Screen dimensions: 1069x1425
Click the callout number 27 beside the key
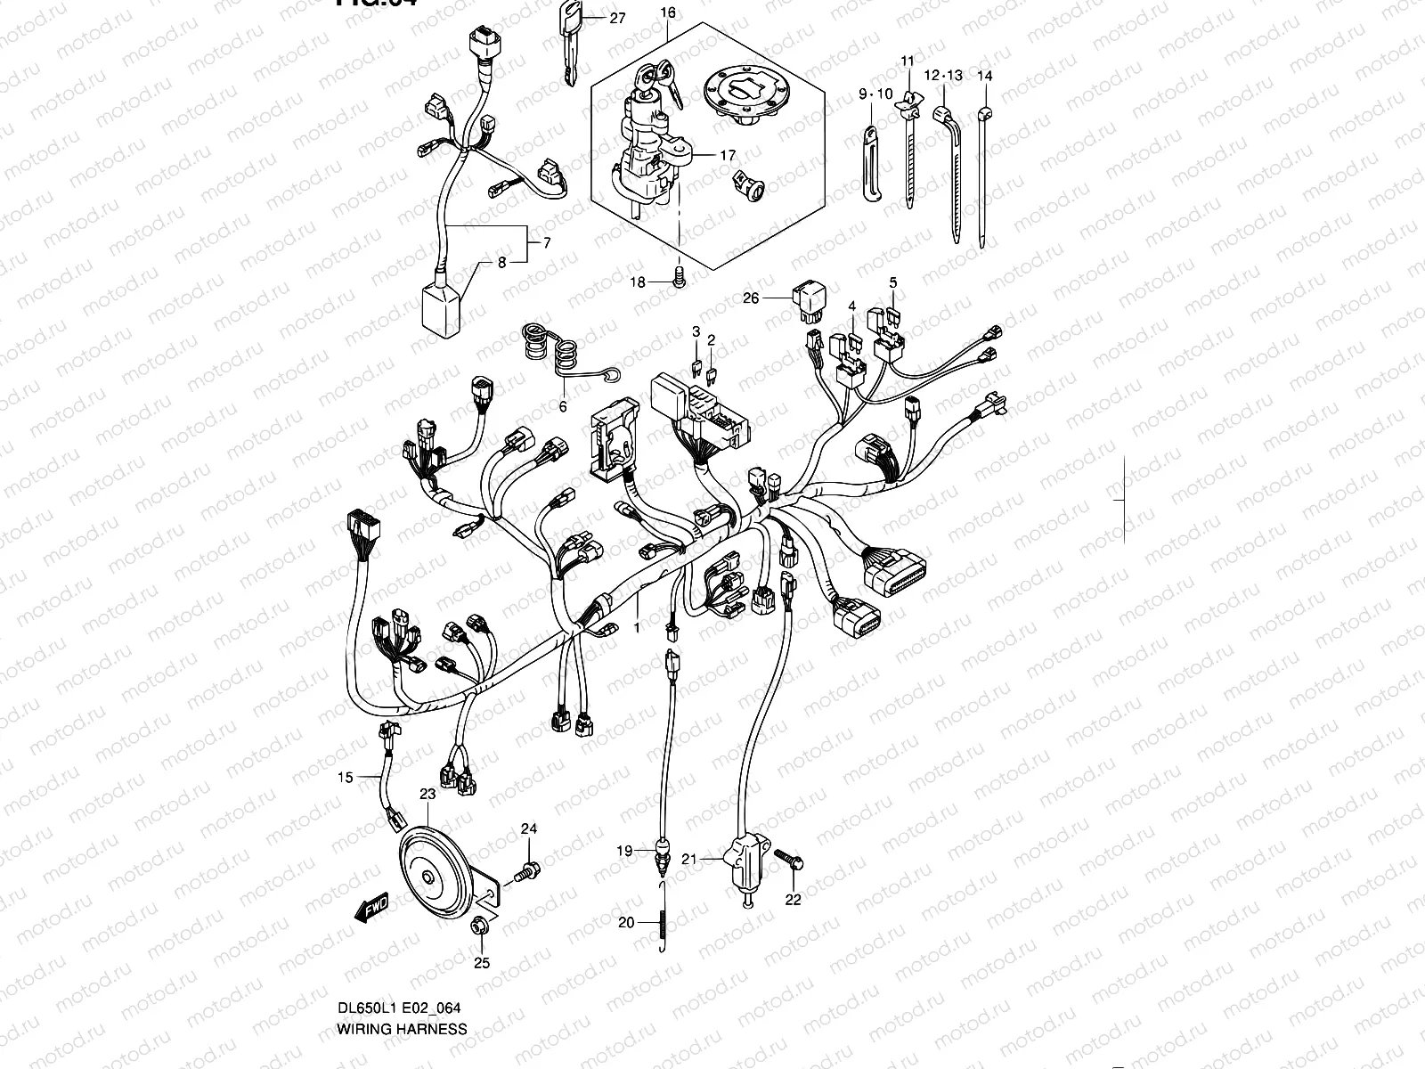pyautogui.click(x=617, y=18)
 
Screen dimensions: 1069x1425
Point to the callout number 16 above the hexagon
pyautogui.click(x=668, y=12)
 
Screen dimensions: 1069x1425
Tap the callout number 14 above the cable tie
pyautogui.click(x=984, y=77)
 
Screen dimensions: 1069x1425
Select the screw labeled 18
pyautogui.click(x=680, y=281)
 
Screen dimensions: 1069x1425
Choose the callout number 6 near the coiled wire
pyautogui.click(x=562, y=406)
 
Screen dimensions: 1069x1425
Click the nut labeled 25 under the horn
pyautogui.click(x=480, y=929)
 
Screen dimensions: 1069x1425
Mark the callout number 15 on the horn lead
pyautogui.click(x=345, y=778)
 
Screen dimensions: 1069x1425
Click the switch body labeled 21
pyautogui.click(x=745, y=864)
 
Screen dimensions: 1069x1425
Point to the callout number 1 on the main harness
pyautogui.click(x=636, y=629)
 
